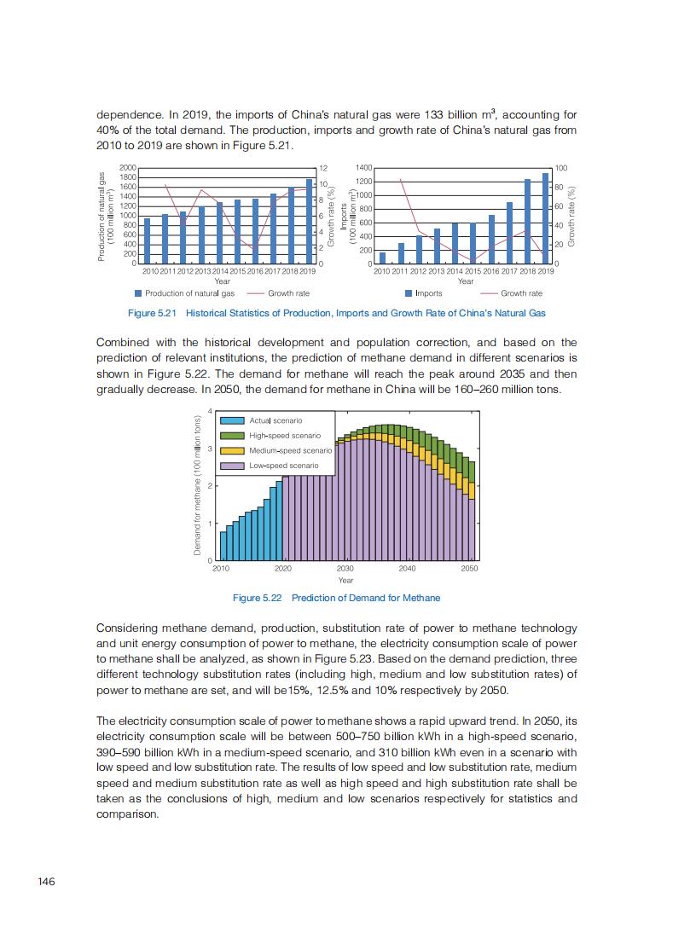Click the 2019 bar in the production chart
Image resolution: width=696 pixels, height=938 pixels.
(x=309, y=222)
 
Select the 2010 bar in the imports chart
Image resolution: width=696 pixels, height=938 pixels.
(x=382, y=258)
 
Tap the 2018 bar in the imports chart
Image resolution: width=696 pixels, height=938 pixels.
(x=528, y=222)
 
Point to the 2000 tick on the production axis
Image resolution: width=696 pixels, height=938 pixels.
(x=128, y=168)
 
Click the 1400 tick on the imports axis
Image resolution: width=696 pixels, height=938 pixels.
(x=363, y=168)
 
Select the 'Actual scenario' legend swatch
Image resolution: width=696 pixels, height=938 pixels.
(x=232, y=420)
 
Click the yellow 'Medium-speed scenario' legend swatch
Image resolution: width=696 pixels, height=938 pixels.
(x=232, y=450)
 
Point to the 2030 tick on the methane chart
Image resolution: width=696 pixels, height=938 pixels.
(x=345, y=568)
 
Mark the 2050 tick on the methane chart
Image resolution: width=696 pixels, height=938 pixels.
(x=469, y=568)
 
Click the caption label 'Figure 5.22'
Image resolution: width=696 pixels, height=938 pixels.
(x=259, y=598)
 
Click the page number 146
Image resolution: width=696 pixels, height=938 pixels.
(x=46, y=881)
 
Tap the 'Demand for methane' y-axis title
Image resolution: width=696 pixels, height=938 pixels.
(x=198, y=485)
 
